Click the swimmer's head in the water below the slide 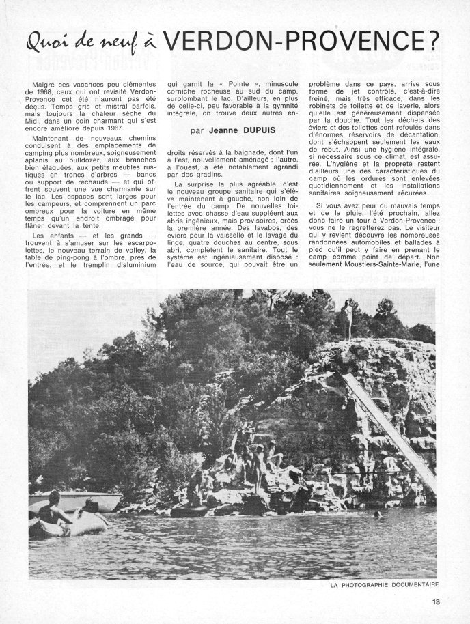point(377,513)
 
